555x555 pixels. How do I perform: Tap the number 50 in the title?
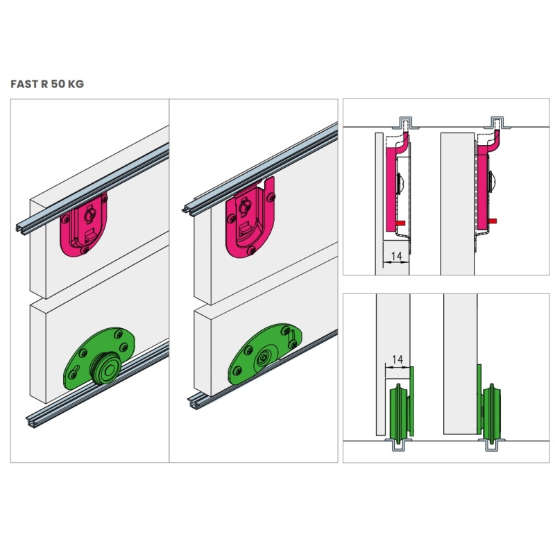tap(58, 84)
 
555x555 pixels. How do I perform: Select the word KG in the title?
tap(76, 84)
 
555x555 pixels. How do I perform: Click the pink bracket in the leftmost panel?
tap(84, 224)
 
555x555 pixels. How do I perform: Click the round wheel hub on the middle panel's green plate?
tap(264, 359)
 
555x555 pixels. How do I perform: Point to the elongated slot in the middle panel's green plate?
tap(292, 340)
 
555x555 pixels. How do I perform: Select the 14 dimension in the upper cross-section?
tap(397, 255)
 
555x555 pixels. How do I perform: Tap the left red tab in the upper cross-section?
tap(400, 223)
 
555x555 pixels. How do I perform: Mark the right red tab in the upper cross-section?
tap(492, 221)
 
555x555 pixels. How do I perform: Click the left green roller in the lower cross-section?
tap(400, 412)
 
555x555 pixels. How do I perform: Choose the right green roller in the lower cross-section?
tap(491, 411)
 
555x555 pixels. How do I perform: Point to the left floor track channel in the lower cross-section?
tap(399, 445)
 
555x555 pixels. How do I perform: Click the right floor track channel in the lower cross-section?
tap(491, 445)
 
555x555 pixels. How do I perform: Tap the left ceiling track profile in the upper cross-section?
tap(406, 122)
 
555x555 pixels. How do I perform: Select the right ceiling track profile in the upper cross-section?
tap(498, 122)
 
